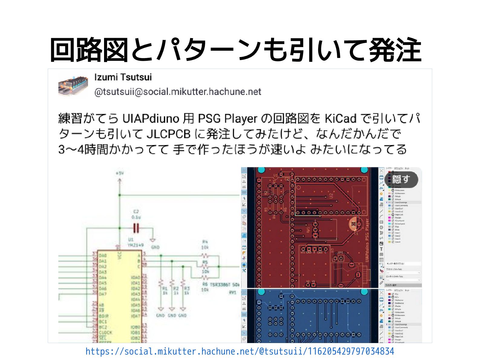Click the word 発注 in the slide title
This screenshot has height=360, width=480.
point(395,50)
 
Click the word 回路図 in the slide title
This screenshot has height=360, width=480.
point(89,50)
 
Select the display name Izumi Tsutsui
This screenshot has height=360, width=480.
point(123,77)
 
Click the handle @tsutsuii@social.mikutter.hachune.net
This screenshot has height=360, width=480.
point(178,92)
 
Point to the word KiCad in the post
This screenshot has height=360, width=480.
point(340,118)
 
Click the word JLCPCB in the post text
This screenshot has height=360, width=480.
point(168,134)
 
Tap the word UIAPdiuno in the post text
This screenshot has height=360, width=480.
point(151,118)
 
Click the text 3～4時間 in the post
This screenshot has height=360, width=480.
point(77,149)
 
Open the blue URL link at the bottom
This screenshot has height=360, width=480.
point(240,352)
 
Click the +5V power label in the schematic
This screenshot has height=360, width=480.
point(120,173)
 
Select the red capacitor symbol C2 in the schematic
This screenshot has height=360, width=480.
point(136,228)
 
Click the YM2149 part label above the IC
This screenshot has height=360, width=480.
point(136,245)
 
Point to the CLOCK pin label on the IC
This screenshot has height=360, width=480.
point(106,332)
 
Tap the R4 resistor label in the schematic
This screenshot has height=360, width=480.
point(205,242)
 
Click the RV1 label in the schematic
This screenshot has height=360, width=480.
point(233,292)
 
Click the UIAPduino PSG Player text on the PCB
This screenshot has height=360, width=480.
point(367,240)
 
